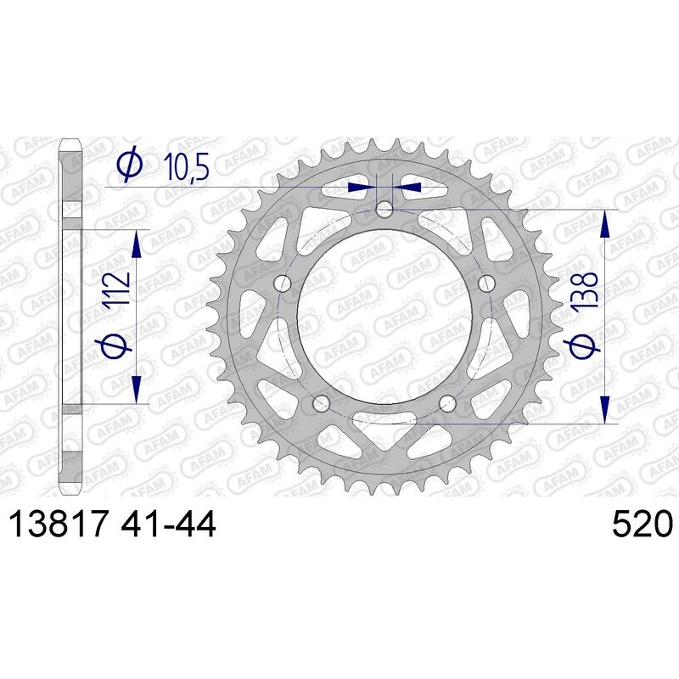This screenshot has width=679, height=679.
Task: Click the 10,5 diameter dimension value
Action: (187, 167)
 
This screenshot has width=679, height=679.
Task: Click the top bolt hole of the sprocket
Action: (384, 209)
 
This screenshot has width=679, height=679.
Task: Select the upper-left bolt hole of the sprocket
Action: (283, 283)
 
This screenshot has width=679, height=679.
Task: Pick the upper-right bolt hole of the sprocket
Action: (486, 283)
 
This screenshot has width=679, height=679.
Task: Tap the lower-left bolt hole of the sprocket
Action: (321, 403)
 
